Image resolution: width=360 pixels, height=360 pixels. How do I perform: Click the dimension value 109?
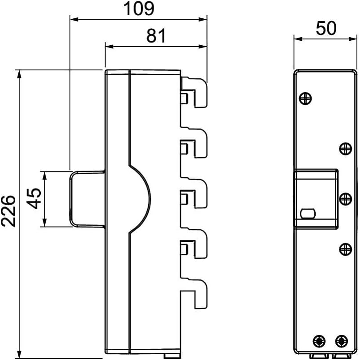139,9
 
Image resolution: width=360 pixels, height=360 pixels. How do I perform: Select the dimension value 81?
156,36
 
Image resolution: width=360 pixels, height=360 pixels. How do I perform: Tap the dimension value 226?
8,211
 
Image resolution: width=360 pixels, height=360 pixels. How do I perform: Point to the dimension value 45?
34,198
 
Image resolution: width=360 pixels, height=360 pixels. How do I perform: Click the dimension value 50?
326,28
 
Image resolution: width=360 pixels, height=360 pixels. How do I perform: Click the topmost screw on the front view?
305,99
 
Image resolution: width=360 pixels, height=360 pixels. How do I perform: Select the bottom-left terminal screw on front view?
319,341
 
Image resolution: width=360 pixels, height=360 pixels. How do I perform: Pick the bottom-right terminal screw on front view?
341,341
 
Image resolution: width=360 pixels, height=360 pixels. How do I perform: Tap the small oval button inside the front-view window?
308,214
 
